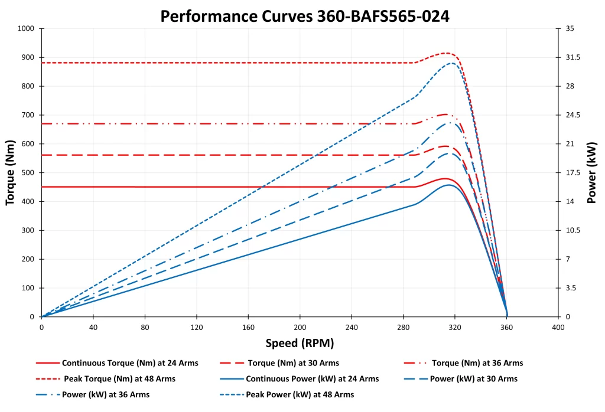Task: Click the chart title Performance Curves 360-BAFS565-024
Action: click(305, 17)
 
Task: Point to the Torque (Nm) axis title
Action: click(10, 172)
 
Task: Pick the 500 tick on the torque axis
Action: click(30, 173)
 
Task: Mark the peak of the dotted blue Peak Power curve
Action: click(452, 63)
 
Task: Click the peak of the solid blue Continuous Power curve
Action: click(449, 185)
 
